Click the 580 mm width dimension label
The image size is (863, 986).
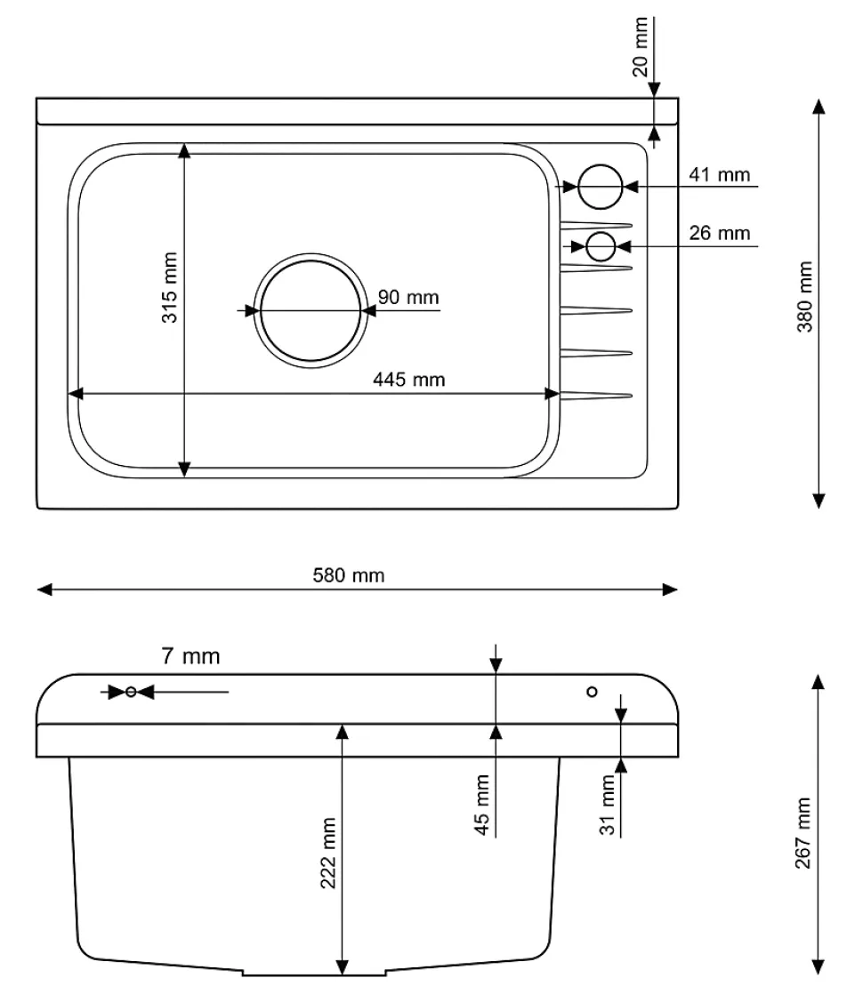tap(349, 575)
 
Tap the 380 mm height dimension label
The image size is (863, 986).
tap(804, 297)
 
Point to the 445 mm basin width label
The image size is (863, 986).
tap(408, 380)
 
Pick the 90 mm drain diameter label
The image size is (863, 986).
tap(408, 297)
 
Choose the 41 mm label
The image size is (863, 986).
tap(720, 174)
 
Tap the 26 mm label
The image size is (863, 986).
tap(720, 233)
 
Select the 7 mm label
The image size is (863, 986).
tap(190, 657)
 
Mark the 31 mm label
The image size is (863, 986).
tap(608, 805)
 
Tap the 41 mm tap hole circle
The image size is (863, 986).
tap(600, 187)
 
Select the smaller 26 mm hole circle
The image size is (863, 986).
tap(601, 246)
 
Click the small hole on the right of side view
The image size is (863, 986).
tap(592, 692)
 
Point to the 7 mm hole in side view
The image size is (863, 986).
tap(131, 692)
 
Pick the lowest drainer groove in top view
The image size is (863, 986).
tap(596, 396)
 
